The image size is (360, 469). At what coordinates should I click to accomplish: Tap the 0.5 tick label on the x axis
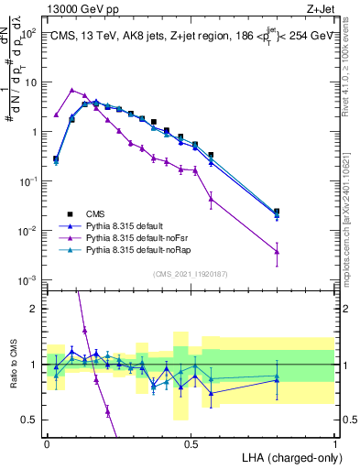pos(191,443)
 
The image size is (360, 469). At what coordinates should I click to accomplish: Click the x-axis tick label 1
pos(335,443)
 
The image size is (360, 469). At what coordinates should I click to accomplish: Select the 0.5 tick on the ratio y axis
pos(34,420)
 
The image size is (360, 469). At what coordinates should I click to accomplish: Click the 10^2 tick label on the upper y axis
pos(30,33)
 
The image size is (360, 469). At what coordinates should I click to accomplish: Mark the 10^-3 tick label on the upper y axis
pos(30,279)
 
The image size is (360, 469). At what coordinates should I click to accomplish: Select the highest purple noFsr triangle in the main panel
pos(72,90)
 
